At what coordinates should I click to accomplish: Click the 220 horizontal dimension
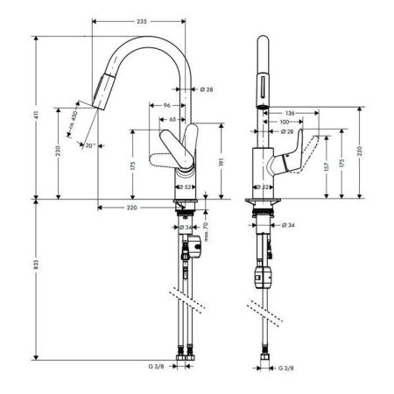(x=131, y=208)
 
